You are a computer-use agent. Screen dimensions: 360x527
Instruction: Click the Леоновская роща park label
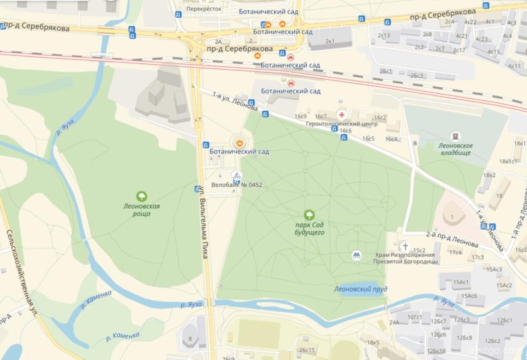[x=142, y=209]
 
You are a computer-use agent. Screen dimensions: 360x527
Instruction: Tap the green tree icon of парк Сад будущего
[x=309, y=215]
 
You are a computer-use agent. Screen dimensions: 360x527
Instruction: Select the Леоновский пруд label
[x=360, y=289]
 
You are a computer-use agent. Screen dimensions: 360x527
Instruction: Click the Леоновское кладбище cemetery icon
[x=455, y=136]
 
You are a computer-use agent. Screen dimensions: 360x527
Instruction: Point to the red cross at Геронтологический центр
[x=341, y=115]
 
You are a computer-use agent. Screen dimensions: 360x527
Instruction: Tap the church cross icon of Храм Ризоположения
[x=405, y=246]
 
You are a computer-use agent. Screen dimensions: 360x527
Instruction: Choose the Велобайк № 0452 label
[x=237, y=185]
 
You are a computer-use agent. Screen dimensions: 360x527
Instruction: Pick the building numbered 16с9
[x=300, y=117]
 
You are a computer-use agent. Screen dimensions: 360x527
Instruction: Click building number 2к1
[x=330, y=41]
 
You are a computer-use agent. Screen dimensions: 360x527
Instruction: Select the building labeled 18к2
[x=489, y=175]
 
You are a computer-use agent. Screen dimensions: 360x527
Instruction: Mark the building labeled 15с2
[x=419, y=250]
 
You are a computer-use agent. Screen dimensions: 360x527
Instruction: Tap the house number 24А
[x=394, y=322]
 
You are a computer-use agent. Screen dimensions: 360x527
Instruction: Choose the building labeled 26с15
[x=307, y=350]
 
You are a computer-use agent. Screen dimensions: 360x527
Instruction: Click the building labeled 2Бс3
[x=417, y=75]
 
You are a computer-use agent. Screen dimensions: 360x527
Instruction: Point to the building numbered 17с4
[x=455, y=253]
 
